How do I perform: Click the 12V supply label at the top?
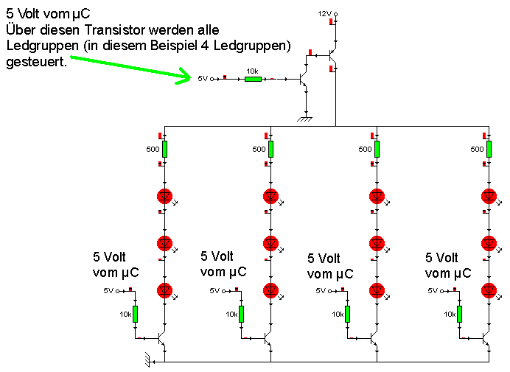[324, 14]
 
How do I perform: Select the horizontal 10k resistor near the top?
[253, 78]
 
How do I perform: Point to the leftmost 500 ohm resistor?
[164, 149]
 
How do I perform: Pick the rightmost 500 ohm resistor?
[487, 149]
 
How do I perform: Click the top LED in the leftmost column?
[164, 196]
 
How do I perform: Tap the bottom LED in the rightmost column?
[488, 289]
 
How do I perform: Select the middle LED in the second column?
[270, 243]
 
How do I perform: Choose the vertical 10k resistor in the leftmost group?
[136, 314]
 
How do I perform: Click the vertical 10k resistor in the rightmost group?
[458, 314]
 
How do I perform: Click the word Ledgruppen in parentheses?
[254, 46]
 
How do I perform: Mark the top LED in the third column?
[377, 196]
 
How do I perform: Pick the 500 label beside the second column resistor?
[259, 150]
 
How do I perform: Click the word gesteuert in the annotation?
[35, 63]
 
